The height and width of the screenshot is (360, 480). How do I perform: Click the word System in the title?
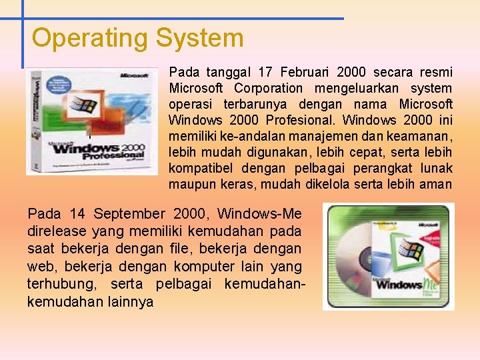click(199, 38)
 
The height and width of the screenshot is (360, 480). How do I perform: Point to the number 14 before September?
click(77, 214)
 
